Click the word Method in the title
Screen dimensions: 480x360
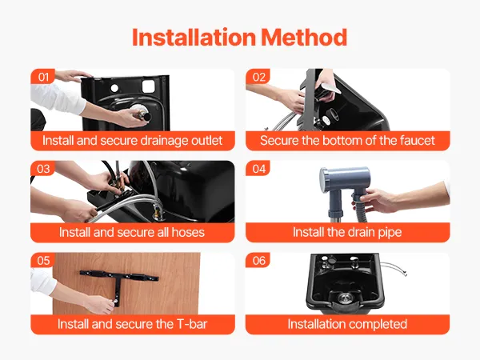[304, 38]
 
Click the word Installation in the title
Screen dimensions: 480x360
[194, 38]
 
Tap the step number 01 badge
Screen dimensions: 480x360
[43, 77]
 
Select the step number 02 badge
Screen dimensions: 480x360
[258, 77]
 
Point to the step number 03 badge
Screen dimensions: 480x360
[43, 168]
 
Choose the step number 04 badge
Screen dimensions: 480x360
[258, 168]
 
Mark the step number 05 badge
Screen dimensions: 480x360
[43, 260]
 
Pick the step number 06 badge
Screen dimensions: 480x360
[258, 260]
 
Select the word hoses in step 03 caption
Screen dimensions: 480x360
[188, 232]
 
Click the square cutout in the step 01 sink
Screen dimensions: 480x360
[148, 86]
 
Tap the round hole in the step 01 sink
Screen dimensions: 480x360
[114, 88]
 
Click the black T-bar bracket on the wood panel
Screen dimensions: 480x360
[118, 278]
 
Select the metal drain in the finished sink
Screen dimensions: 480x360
[345, 298]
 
